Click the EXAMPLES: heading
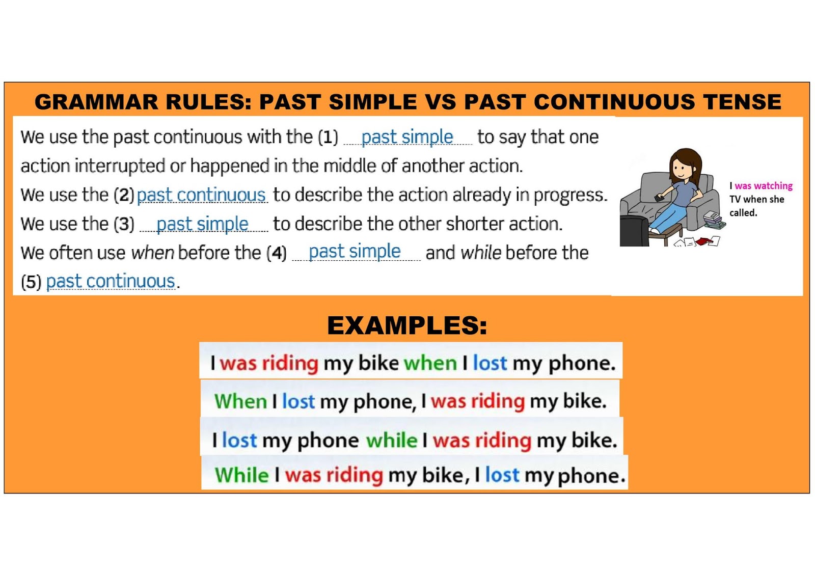[406, 325]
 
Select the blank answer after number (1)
[407, 137]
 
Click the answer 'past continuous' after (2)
[201, 195]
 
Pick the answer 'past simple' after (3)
[202, 224]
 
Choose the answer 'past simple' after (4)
[355, 252]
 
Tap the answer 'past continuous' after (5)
[111, 281]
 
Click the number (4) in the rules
[277, 253]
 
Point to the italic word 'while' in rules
[480, 253]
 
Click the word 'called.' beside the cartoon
[743, 213]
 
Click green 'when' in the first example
[430, 363]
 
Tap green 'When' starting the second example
[240, 401]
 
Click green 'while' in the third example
[391, 440]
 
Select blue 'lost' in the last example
[502, 475]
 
